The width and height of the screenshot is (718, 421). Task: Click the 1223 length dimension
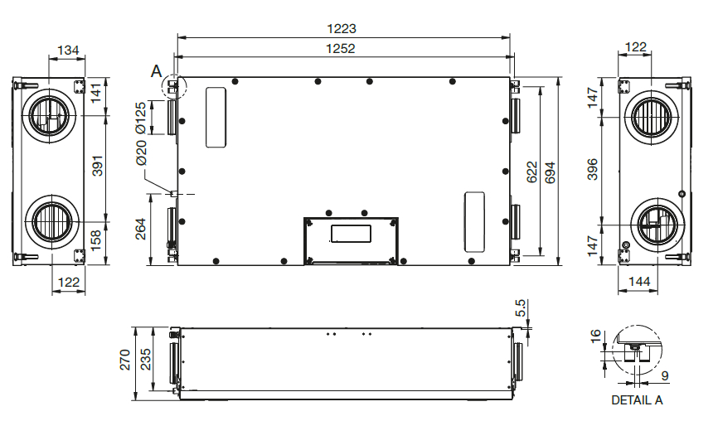tap(341, 29)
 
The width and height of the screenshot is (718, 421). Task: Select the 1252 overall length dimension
tap(340, 49)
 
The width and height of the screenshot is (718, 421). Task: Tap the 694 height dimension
tap(550, 172)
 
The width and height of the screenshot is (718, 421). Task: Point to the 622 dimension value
tap(531, 172)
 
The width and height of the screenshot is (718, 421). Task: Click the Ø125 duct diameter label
tap(141, 117)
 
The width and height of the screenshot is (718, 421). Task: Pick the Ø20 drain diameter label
tap(141, 152)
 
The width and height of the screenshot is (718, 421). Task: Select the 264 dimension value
tap(141, 229)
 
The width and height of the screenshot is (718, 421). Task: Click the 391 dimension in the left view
tap(98, 166)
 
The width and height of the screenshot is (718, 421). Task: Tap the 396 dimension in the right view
tap(593, 169)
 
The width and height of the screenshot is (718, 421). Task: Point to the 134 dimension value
tap(68, 50)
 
